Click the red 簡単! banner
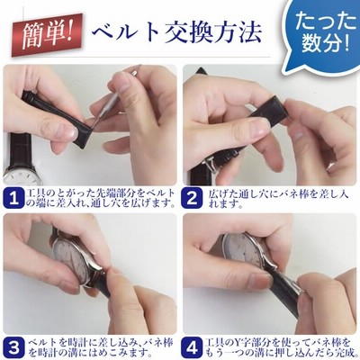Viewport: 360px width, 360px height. pos(47,35)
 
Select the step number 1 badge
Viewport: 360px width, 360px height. pos(13,198)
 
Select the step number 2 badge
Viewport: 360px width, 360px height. pos(192,198)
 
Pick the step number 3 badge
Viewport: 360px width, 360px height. pos(13,347)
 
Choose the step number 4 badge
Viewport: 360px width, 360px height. pos(192,347)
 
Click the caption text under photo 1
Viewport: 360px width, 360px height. pos(101,198)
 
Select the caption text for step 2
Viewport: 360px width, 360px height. pos(278,198)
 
